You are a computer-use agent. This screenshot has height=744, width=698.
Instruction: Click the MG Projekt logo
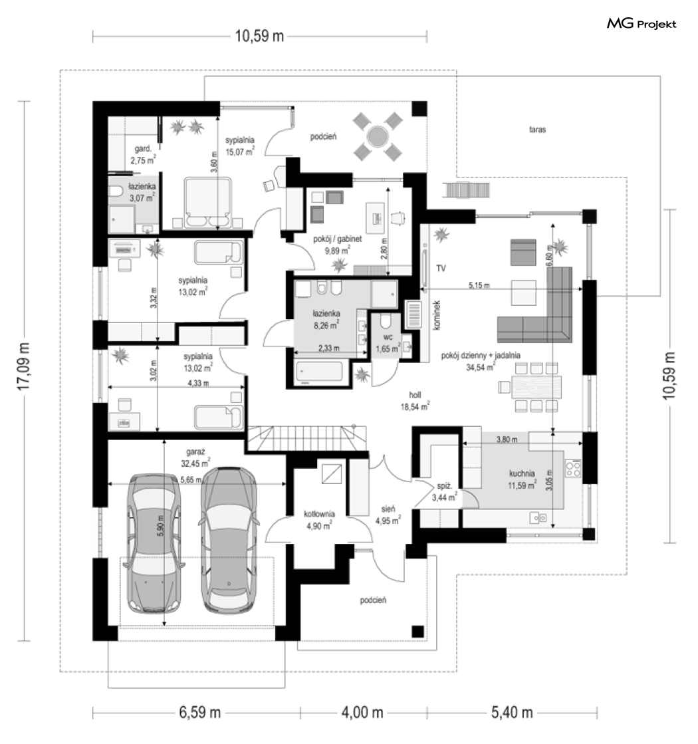click(x=641, y=23)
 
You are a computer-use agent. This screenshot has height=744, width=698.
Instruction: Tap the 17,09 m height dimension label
click(x=23, y=366)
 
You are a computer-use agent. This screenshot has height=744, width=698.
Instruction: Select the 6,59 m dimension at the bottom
click(x=200, y=712)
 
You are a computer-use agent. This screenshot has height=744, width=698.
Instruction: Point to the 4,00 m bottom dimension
click(x=362, y=712)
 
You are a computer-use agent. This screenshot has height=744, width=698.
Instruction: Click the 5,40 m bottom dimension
click(x=511, y=712)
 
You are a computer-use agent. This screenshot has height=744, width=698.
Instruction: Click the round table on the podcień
click(x=377, y=137)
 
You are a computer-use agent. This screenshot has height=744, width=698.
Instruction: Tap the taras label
click(x=538, y=129)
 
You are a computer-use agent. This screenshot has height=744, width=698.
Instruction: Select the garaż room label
click(x=195, y=453)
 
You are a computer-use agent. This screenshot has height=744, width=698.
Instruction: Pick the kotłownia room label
click(x=319, y=514)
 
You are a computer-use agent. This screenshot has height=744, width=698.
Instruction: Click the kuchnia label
click(x=522, y=473)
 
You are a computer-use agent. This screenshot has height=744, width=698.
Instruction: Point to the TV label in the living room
click(x=441, y=269)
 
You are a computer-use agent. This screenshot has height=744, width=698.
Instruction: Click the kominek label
click(x=437, y=315)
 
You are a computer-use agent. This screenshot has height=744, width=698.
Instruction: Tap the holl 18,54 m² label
click(x=415, y=401)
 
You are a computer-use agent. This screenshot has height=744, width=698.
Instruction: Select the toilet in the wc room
click(x=386, y=322)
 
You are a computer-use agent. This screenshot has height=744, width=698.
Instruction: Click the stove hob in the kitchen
click(x=573, y=468)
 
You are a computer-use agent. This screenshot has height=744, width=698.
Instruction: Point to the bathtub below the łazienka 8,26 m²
click(x=318, y=372)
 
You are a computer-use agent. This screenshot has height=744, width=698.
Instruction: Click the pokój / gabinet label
click(x=338, y=239)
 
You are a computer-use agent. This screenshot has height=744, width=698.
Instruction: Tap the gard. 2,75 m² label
click(x=143, y=154)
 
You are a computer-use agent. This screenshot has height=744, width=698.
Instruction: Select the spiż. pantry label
click(x=444, y=486)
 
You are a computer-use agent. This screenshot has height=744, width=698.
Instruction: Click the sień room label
click(x=388, y=509)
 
